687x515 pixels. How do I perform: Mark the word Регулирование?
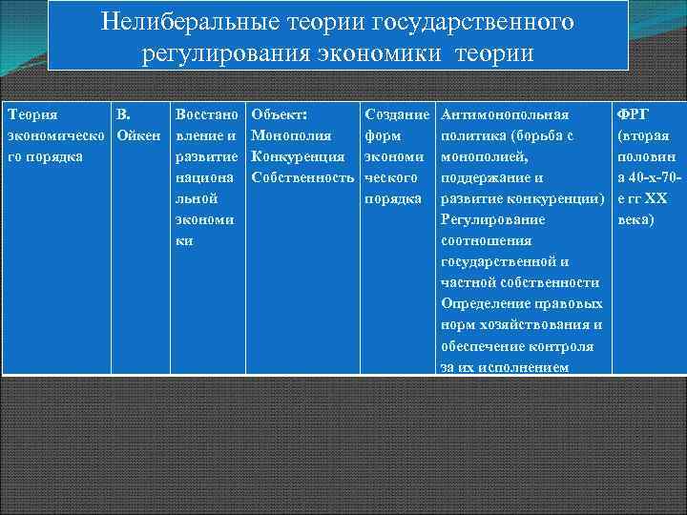pos(493,219)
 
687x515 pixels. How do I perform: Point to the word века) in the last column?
pos(636,219)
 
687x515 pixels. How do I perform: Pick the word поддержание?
pos(486,177)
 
